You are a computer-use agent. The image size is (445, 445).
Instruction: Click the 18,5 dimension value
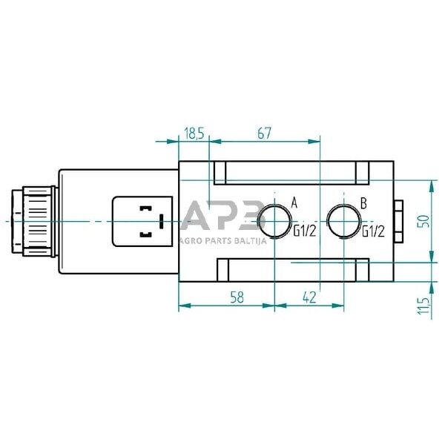(x=194, y=133)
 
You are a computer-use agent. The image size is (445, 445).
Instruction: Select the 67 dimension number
(x=265, y=133)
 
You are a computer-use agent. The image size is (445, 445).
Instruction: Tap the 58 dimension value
(x=237, y=297)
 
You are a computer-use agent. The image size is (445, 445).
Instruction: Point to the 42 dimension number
(x=309, y=297)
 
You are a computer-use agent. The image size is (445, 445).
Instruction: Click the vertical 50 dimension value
(x=423, y=221)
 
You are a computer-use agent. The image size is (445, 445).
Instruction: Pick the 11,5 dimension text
(x=423, y=306)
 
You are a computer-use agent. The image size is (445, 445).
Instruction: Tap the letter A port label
(x=294, y=202)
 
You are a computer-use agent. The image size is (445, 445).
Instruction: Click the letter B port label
(x=363, y=203)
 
